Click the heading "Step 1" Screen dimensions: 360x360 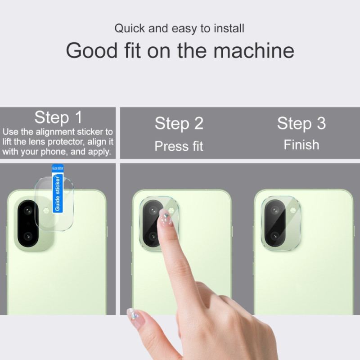[x=58, y=118]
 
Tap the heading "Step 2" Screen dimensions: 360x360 [x=179, y=123]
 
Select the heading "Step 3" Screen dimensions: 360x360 [x=301, y=123]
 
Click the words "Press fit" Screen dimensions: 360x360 [x=179, y=146]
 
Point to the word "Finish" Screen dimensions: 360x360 [x=301, y=145]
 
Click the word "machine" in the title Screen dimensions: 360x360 [x=254, y=50]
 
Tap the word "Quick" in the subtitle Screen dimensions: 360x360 [x=130, y=28]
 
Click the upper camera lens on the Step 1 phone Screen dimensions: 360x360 [x=28, y=211]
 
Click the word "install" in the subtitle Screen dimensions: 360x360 [x=228, y=28]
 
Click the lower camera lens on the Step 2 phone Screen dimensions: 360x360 [x=152, y=236]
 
